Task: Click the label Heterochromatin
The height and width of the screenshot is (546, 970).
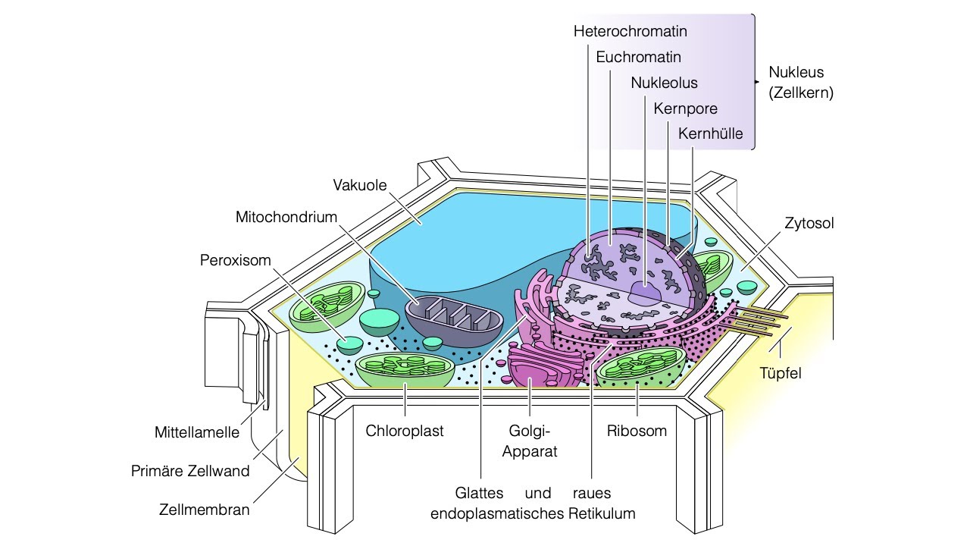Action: pyautogui.click(x=630, y=32)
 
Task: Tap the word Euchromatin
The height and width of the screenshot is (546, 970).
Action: pyautogui.click(x=638, y=57)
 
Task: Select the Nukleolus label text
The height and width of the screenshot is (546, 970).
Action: pyautogui.click(x=664, y=83)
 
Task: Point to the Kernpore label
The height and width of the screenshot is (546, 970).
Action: pyautogui.click(x=685, y=108)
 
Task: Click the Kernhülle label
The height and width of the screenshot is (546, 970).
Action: pyautogui.click(x=710, y=134)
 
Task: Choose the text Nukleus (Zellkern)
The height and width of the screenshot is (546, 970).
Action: pyautogui.click(x=800, y=83)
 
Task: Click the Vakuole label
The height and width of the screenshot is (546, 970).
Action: pyautogui.click(x=360, y=185)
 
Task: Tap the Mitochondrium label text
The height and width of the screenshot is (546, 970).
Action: pyautogui.click(x=286, y=217)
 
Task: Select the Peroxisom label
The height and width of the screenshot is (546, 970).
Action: pyautogui.click(x=235, y=260)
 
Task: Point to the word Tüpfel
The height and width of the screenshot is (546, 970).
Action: pyautogui.click(x=780, y=373)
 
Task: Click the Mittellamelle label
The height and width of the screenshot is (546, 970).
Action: pyautogui.click(x=196, y=434)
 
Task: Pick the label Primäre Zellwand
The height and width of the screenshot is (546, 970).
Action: pyautogui.click(x=190, y=471)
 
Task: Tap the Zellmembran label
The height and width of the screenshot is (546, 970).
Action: pyautogui.click(x=204, y=509)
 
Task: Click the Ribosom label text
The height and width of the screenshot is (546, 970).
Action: pyautogui.click(x=637, y=431)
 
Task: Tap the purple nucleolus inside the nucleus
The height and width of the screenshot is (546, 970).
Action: pyautogui.click(x=646, y=293)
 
